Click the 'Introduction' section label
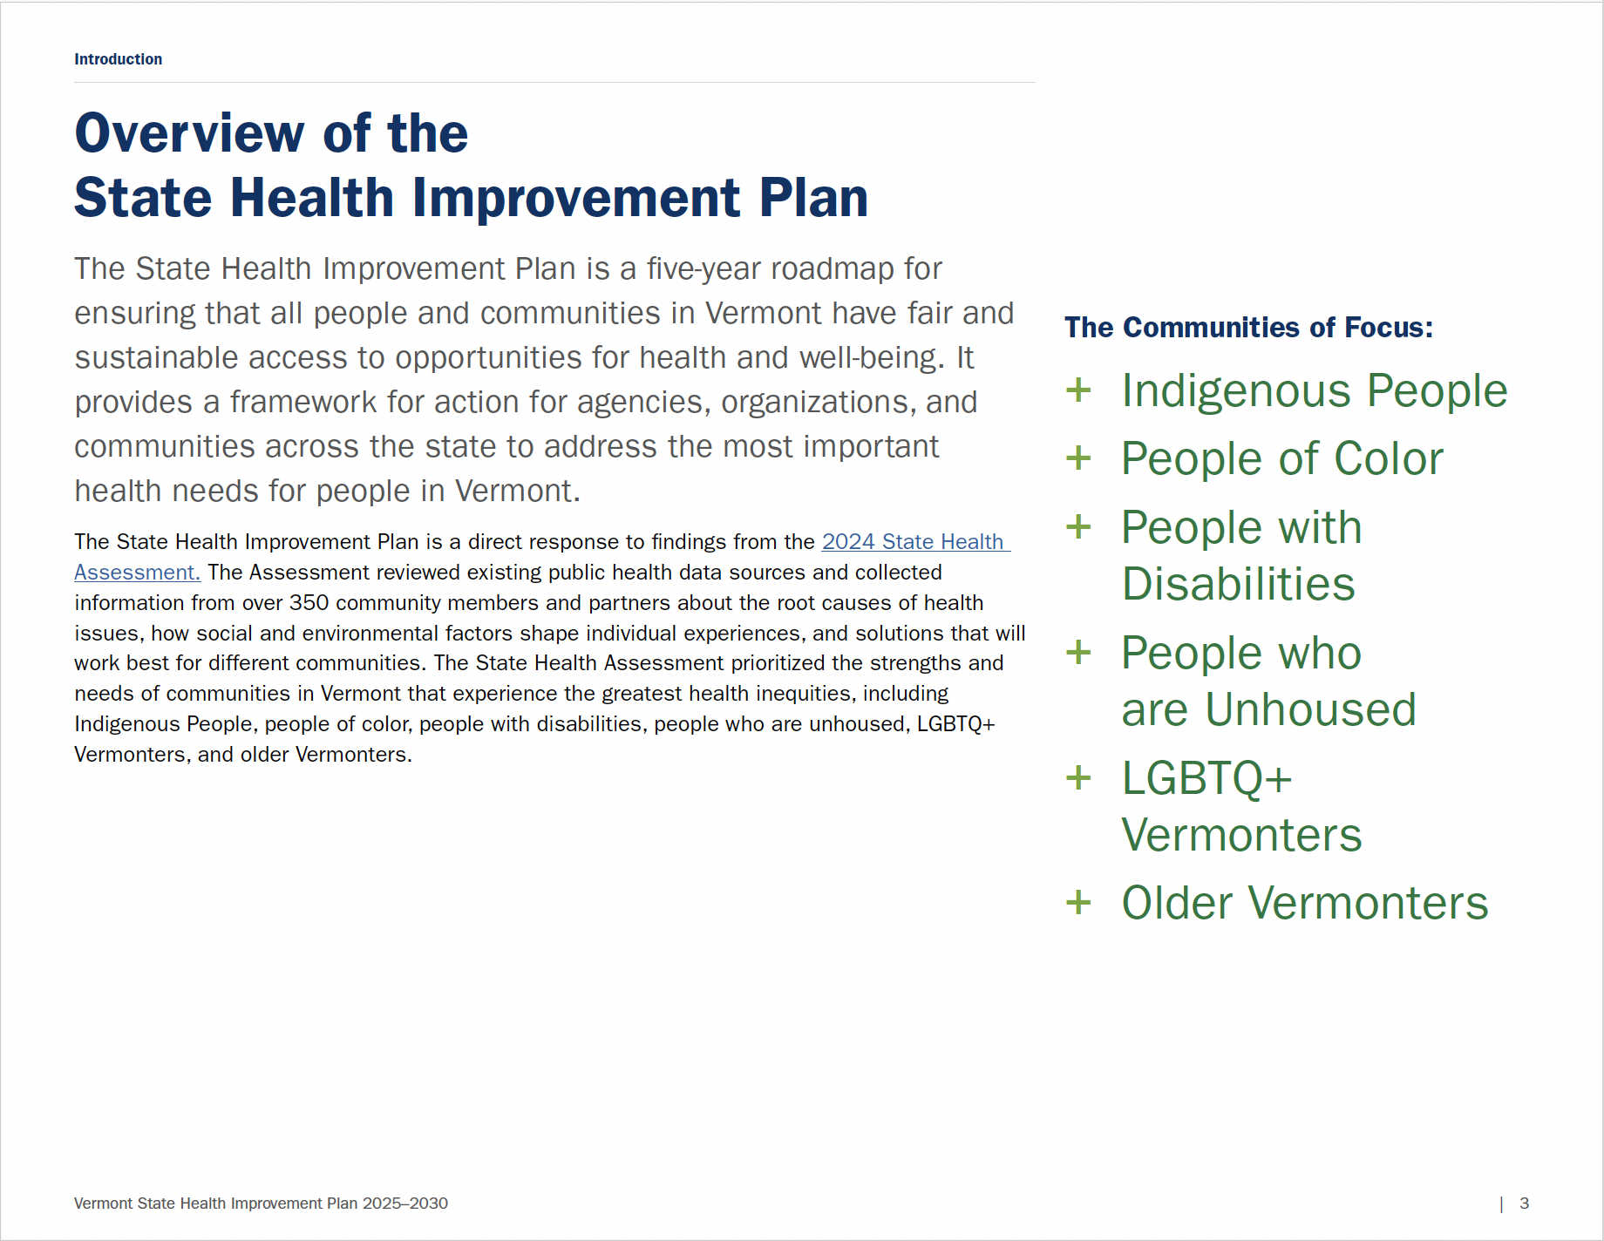[x=118, y=59]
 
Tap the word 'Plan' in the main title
[x=813, y=198]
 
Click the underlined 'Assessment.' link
[x=138, y=573]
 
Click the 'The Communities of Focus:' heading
[x=1248, y=328]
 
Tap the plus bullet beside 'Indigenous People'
[x=1078, y=390]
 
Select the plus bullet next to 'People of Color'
[x=1078, y=458]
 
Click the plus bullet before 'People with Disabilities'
[x=1078, y=526]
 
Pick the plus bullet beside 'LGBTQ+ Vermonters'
[x=1078, y=777]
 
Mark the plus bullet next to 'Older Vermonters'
[x=1078, y=902]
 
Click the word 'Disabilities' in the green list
[x=1239, y=584]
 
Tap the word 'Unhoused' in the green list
[x=1311, y=709]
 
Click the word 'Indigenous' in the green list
[x=1238, y=391]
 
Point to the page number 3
[x=1524, y=1204]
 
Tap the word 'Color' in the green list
[x=1389, y=458]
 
